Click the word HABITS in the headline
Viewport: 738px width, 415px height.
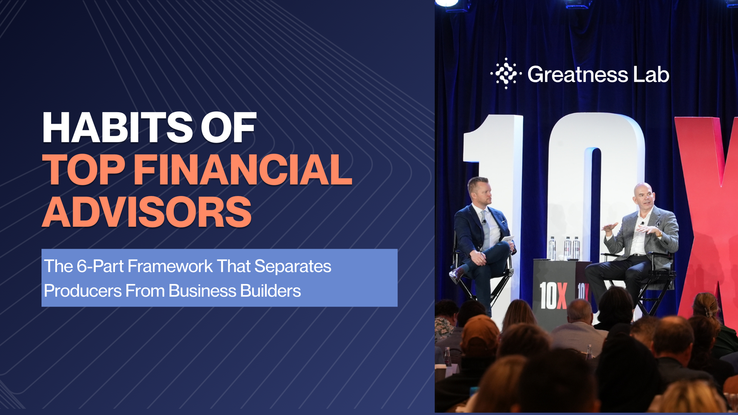(x=117, y=128)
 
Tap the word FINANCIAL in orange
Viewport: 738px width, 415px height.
(x=243, y=169)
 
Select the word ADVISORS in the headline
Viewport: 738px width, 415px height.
(x=147, y=212)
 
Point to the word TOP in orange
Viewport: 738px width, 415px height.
(x=84, y=169)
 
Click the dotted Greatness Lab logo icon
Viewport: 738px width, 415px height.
(x=506, y=73)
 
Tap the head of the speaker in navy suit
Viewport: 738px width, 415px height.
(x=479, y=191)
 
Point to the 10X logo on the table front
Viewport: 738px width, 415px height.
(x=553, y=295)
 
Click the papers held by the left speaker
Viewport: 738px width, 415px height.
(x=507, y=239)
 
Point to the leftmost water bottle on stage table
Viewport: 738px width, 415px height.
(x=552, y=248)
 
